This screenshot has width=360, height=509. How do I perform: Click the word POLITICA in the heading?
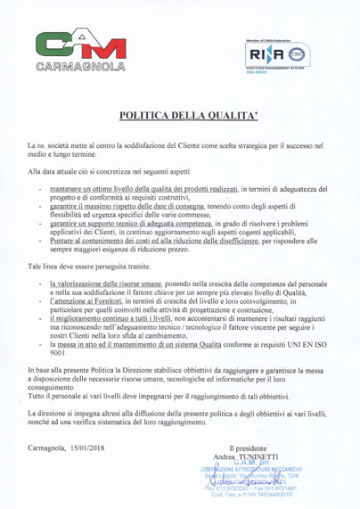pyautogui.click(x=145, y=115)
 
